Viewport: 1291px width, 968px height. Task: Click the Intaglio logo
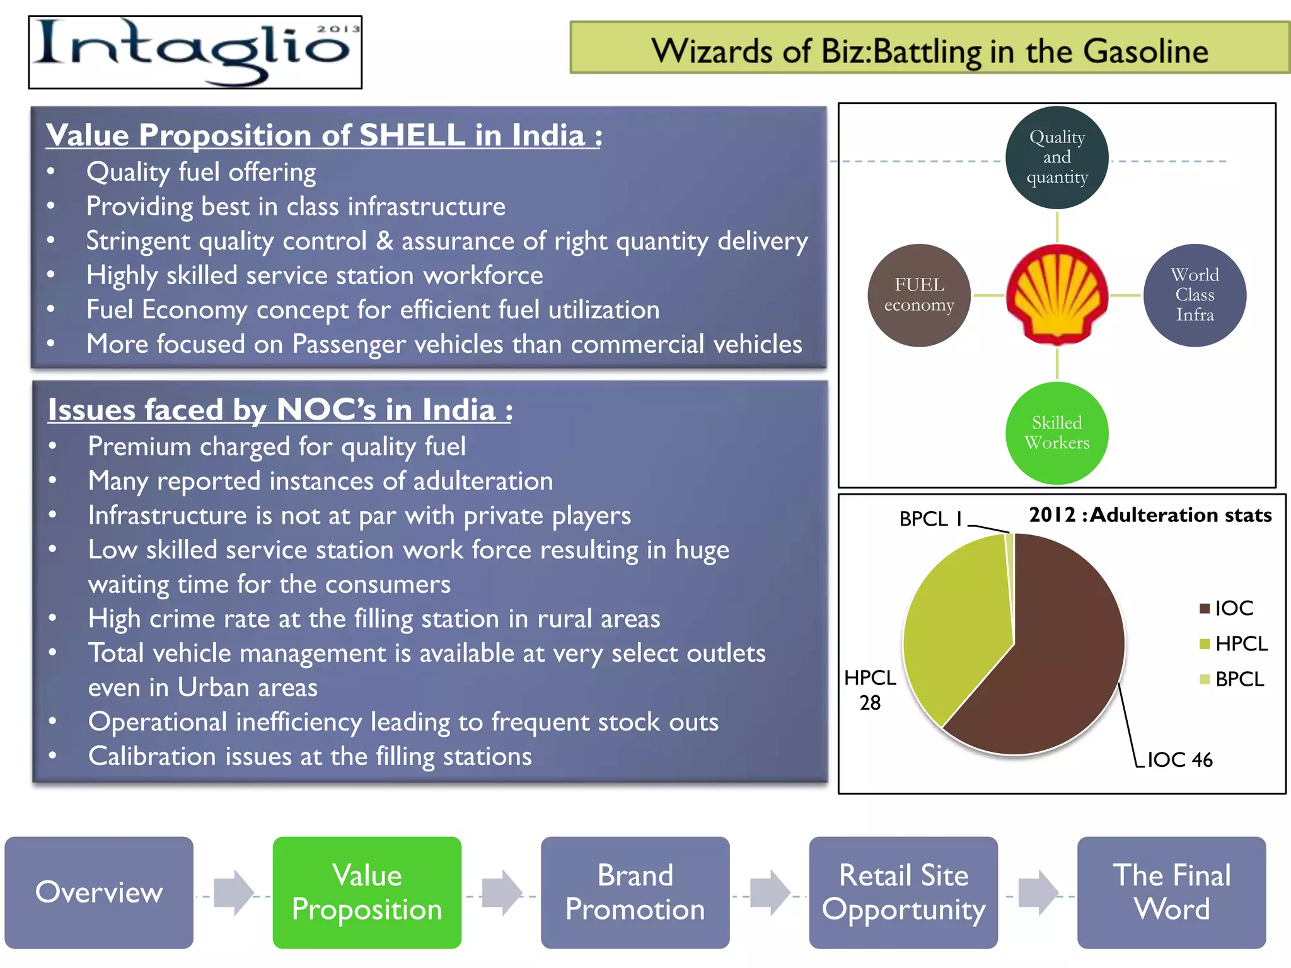[x=195, y=52]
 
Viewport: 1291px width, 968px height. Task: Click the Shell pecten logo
[x=1057, y=295]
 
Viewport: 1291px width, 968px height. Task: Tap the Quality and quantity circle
[x=1057, y=158]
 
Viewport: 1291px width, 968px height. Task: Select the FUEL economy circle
[x=919, y=295]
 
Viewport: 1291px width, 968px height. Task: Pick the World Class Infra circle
[x=1195, y=295]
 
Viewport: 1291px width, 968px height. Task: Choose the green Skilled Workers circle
[x=1057, y=433]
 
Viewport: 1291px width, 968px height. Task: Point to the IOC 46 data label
[x=1179, y=760]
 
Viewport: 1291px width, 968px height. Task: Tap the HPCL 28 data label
[x=870, y=690]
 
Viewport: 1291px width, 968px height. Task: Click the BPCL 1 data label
[x=931, y=519]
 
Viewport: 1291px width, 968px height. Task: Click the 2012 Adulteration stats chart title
[x=1150, y=515]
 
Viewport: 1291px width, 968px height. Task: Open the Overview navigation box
[x=99, y=892]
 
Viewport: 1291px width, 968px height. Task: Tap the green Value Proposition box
[x=367, y=892]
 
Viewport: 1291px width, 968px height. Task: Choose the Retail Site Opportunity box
[x=903, y=892]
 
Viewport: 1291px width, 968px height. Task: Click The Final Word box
[x=1171, y=892]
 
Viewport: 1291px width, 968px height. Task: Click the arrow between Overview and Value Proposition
[x=233, y=892]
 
